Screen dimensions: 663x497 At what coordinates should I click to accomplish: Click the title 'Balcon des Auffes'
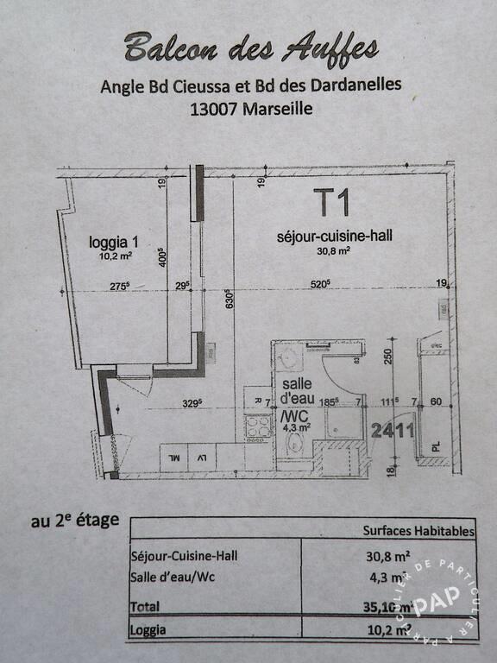tap(250, 48)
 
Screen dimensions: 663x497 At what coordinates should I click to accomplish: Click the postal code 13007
tap(217, 109)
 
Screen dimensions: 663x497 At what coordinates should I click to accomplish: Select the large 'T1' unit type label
tap(331, 204)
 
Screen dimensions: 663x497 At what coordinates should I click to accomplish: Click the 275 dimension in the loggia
tap(119, 286)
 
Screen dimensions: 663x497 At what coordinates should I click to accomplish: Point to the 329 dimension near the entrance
tap(192, 401)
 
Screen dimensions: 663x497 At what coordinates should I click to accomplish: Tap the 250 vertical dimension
tap(387, 356)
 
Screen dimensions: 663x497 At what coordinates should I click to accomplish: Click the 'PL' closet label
tap(434, 446)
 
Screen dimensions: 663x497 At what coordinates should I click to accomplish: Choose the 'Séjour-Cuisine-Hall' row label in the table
tap(184, 555)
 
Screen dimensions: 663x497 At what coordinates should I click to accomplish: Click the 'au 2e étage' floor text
tap(75, 521)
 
